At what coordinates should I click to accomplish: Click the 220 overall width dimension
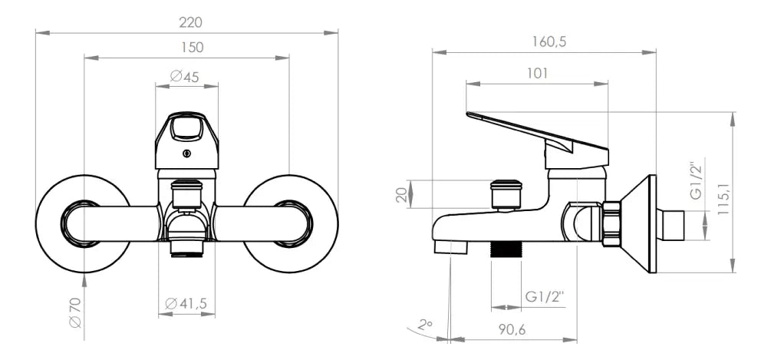190,22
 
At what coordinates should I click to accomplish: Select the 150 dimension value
191,48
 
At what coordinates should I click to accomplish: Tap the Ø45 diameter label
185,76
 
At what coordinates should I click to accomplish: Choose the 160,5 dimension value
549,41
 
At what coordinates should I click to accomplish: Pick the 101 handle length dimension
538,74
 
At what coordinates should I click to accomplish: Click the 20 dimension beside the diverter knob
402,194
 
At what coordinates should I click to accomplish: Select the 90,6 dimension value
512,329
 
